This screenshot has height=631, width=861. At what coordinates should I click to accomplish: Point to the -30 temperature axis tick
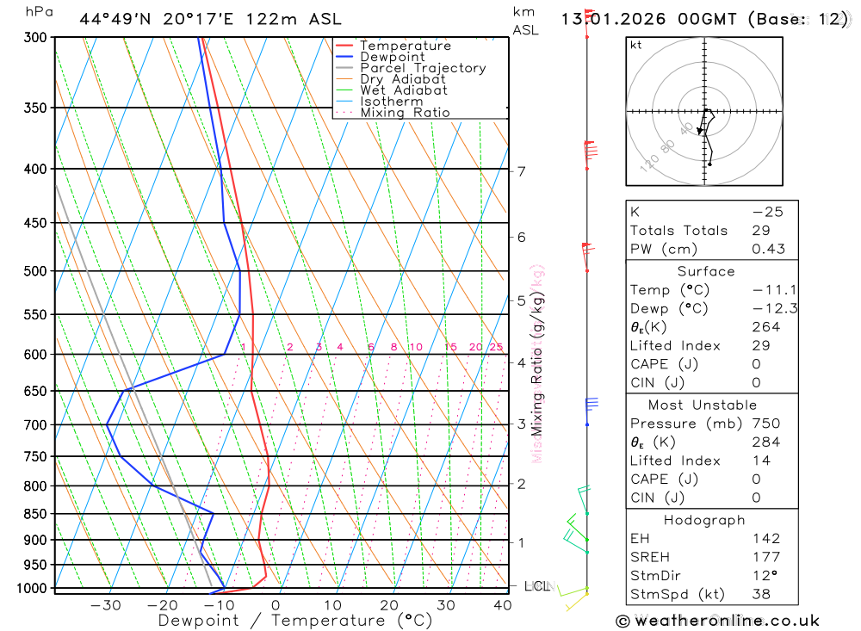[x=106, y=605]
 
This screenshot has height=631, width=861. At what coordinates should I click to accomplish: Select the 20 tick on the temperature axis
[x=389, y=605]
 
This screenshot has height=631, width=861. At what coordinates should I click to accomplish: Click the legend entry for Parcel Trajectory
[x=423, y=68]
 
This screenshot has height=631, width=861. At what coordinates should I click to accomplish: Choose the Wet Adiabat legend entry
[x=404, y=90]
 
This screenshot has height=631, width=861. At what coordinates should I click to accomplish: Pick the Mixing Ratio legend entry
[x=405, y=113]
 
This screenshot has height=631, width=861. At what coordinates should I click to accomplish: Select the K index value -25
[x=767, y=212]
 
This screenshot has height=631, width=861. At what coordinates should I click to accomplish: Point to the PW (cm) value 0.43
[x=768, y=249]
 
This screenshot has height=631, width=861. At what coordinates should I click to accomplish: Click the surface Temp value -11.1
[x=769, y=290]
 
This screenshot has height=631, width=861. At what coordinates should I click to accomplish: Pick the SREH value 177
[x=765, y=557]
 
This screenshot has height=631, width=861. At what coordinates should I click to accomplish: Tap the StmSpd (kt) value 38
[x=761, y=594]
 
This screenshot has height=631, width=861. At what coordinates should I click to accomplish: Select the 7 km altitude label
[x=521, y=171]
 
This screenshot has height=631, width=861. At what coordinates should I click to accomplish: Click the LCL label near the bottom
[x=536, y=586]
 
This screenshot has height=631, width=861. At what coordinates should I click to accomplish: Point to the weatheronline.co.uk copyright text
[x=717, y=621]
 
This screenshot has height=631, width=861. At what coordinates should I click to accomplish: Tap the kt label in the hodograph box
[x=636, y=45]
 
